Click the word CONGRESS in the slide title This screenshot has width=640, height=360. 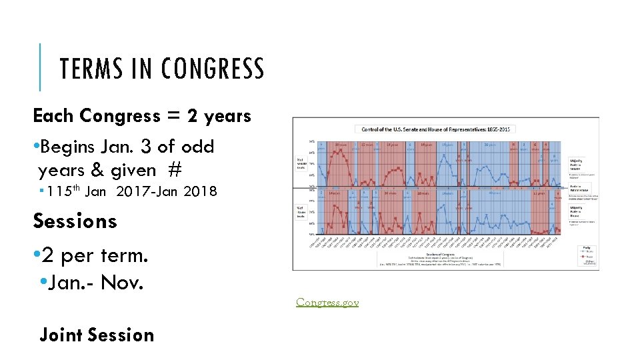[x=213, y=69]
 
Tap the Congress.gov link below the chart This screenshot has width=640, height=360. [x=327, y=302]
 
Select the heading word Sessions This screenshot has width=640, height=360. [x=75, y=221]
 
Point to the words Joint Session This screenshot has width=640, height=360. [x=97, y=335]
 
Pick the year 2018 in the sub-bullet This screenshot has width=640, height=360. [x=200, y=192]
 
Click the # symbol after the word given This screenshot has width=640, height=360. [x=175, y=171]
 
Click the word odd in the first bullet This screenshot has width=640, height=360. [x=199, y=146]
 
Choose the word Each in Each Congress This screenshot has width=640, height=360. [x=54, y=115]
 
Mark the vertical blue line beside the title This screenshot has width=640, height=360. [x=41, y=67]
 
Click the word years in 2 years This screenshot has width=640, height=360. [x=227, y=115]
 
